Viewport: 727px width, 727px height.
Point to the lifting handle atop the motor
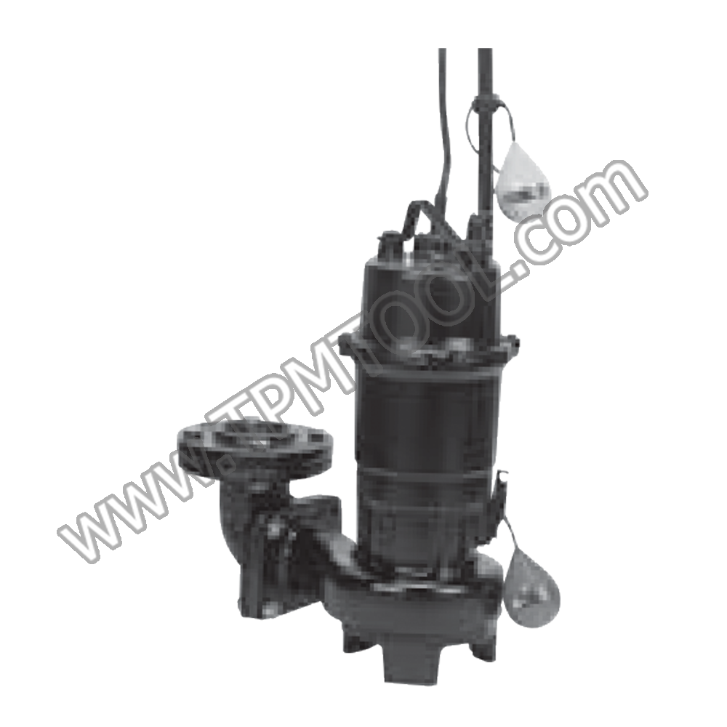click(x=422, y=218)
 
